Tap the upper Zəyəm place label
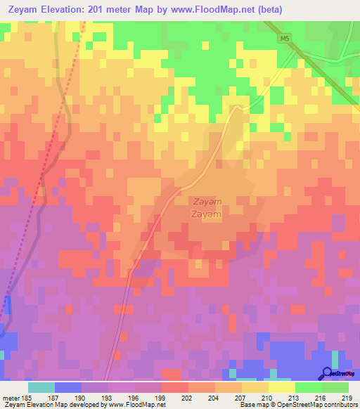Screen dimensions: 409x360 (207, 201)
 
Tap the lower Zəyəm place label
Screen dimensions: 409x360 (207, 214)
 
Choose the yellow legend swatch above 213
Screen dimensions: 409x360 (281, 387)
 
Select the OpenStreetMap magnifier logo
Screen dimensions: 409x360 (327, 372)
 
